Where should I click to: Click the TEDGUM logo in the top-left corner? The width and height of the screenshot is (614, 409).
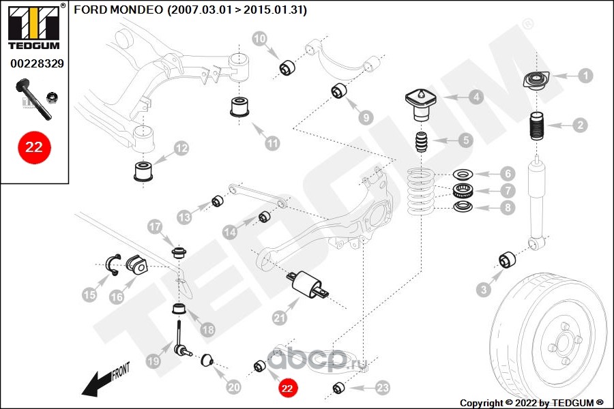click(x=35, y=27)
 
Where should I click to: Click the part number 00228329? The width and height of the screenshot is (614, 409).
click(x=37, y=63)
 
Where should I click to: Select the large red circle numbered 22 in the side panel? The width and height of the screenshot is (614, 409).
click(x=34, y=147)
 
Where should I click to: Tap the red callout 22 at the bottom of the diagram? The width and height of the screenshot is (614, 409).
click(x=287, y=388)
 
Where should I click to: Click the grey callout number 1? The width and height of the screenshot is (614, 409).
click(x=585, y=76)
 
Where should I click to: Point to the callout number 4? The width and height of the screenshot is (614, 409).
click(x=476, y=97)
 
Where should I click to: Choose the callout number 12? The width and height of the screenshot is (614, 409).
click(x=181, y=149)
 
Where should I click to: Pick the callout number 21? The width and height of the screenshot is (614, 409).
click(x=279, y=318)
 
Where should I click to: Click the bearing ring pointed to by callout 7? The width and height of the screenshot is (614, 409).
click(x=463, y=191)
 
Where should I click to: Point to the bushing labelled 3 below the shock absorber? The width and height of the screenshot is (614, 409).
click(x=507, y=260)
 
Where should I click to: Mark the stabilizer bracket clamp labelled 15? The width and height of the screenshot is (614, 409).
click(x=113, y=264)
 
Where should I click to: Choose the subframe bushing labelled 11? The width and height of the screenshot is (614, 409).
click(x=239, y=107)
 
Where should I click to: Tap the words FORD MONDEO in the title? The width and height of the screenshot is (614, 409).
click(x=118, y=10)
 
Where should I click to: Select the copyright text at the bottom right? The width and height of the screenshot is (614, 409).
click(x=531, y=403)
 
